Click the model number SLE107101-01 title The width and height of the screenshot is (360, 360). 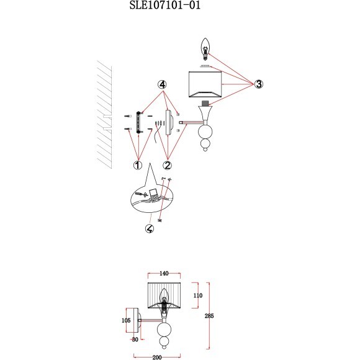click(x=165, y=5)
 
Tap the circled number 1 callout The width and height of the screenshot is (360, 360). click(x=138, y=165)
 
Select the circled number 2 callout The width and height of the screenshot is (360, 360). click(x=168, y=165)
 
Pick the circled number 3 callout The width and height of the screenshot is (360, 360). click(x=259, y=84)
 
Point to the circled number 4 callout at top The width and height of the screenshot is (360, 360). click(x=162, y=84)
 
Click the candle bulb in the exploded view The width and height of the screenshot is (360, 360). click(x=205, y=49)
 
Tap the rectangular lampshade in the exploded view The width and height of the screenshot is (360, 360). click(x=205, y=84)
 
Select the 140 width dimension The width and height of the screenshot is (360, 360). click(x=164, y=274)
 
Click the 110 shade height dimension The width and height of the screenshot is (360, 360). click(x=197, y=295)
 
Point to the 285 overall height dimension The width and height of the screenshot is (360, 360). click(x=209, y=316)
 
